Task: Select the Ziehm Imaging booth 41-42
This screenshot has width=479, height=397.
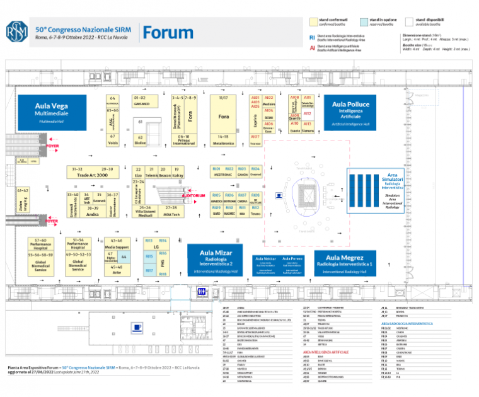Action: (23, 202)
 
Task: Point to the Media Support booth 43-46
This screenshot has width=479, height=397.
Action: (117, 243)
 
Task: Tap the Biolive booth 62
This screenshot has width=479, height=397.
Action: (141, 140)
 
